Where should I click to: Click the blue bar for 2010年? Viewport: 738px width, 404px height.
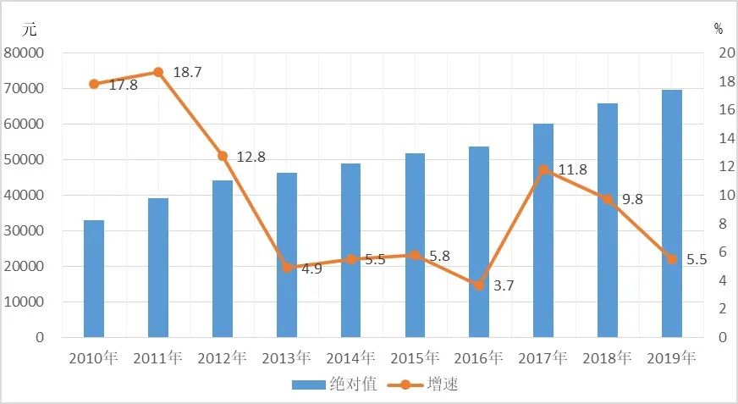pos(94,279)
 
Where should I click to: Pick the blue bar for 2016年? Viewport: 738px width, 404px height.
pos(479,242)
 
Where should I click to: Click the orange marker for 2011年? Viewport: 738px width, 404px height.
pos(158,72)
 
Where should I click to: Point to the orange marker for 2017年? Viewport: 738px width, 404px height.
pos(543,169)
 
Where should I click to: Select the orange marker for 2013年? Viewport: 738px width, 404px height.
pos(287,268)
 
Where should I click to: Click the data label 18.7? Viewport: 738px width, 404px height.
pos(186,73)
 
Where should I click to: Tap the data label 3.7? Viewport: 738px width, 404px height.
pos(504,286)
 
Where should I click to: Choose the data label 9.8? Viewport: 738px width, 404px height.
pos(633,201)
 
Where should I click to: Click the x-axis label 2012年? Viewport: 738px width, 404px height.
pos(222,357)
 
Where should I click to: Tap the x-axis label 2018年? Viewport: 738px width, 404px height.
pos(608,357)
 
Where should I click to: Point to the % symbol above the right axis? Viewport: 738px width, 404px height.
pos(718,29)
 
